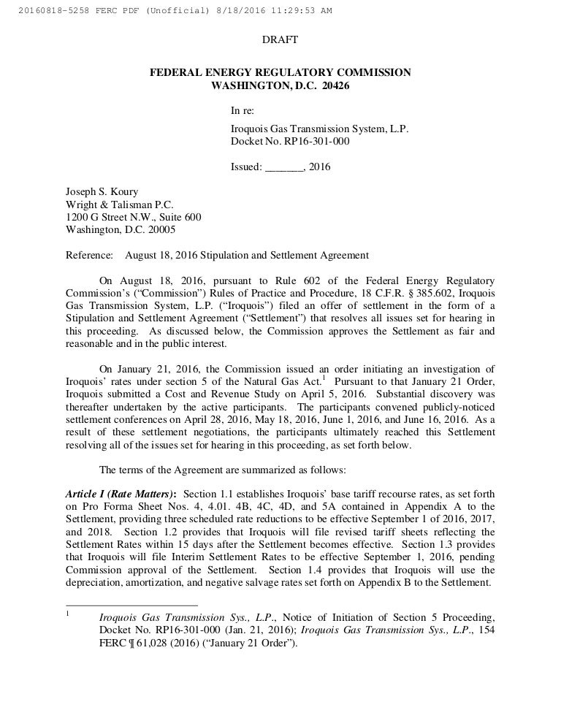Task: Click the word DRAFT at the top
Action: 280,39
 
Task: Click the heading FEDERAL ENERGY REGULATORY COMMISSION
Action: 280,72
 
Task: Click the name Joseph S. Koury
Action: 102,192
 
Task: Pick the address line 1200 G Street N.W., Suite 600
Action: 134,218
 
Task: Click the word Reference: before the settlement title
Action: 89,256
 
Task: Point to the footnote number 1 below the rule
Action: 68,614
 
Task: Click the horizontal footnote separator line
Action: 131,605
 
